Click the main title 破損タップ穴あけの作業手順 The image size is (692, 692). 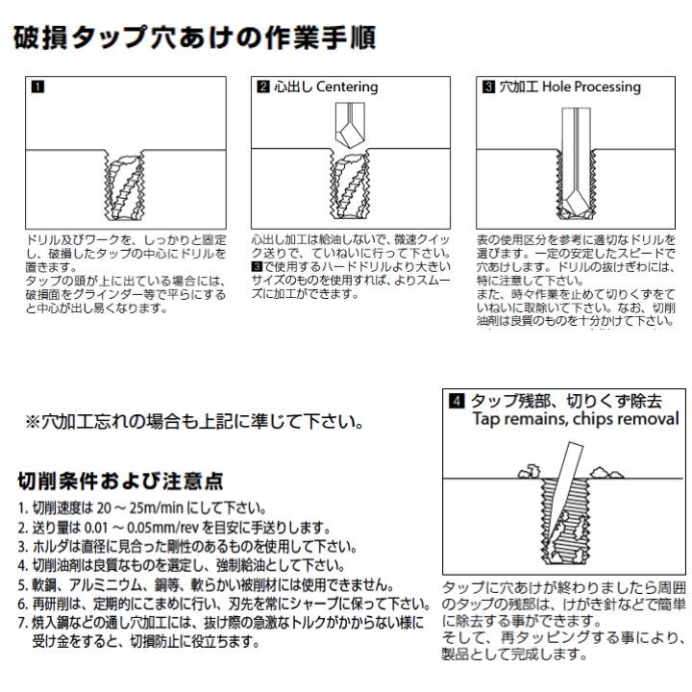pos(192,39)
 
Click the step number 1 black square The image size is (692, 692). pos(37,86)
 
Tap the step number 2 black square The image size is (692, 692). pos(262,86)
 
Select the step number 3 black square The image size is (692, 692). pos(488,86)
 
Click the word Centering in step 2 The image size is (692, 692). pos(347,86)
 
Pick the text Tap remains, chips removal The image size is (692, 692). pos(575,419)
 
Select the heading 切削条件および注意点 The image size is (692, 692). pos(120,481)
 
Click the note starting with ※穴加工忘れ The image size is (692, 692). pos(192,421)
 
